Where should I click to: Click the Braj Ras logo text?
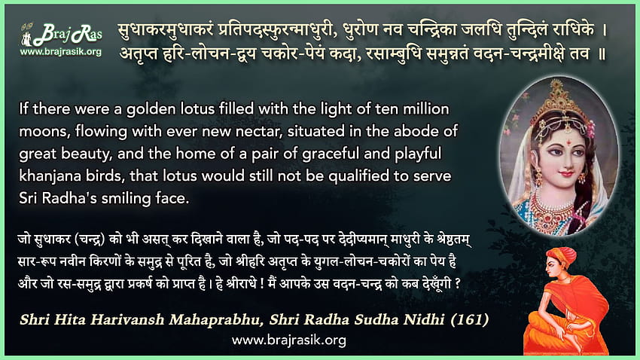[x=67, y=35]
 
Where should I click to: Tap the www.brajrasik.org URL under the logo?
[x=61, y=52]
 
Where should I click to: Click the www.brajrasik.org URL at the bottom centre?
[x=289, y=340]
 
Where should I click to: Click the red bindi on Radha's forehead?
[x=568, y=142]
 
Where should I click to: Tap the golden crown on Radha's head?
[x=560, y=98]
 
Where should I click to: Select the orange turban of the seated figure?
[x=561, y=256]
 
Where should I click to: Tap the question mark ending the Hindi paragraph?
[x=458, y=283]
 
